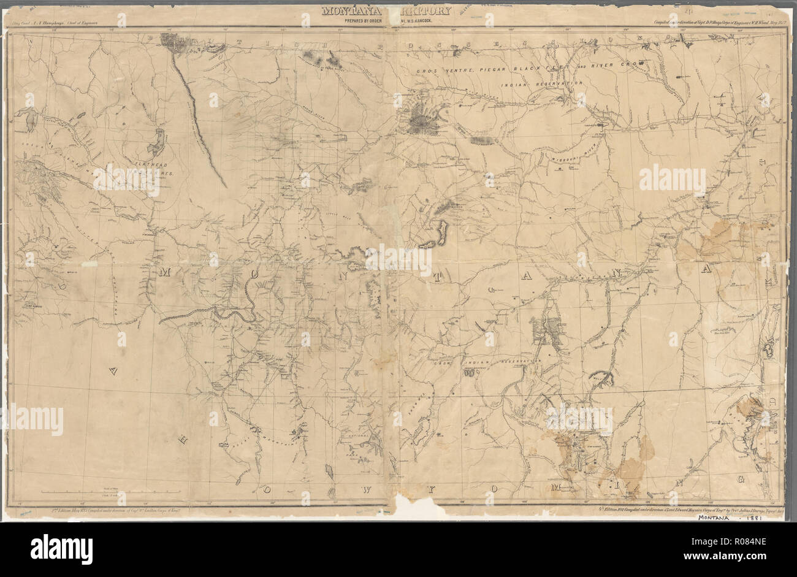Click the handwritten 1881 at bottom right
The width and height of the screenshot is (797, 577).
(x=773, y=518)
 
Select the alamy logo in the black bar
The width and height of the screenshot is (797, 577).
(x=61, y=546)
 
